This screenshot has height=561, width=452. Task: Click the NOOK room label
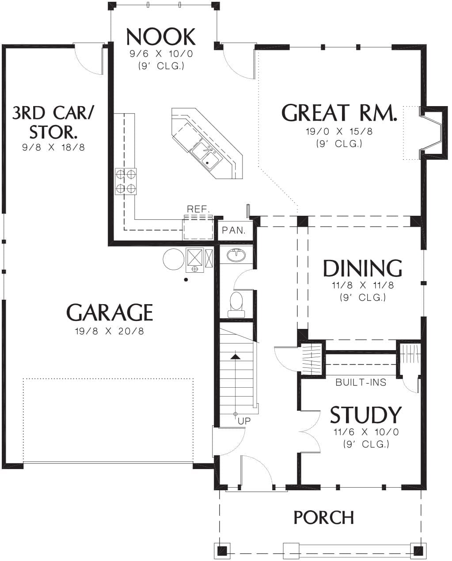[161, 37]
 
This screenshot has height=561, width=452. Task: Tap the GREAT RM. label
[339, 113]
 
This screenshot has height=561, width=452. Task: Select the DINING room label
[363, 268]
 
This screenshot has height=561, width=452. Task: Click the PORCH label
[324, 518]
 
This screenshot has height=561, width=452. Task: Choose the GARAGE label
[110, 312]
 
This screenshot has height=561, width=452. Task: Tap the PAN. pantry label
[234, 230]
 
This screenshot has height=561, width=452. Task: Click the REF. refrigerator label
[198, 209]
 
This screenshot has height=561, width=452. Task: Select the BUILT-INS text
[361, 382]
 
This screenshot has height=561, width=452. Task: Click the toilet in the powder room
[236, 304]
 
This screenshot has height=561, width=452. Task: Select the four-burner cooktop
[126, 181]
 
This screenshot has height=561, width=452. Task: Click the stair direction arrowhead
[235, 357]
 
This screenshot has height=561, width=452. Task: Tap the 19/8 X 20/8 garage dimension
[110, 331]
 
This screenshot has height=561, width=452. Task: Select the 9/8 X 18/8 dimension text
[53, 148]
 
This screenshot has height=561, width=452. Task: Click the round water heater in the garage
[173, 259]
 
